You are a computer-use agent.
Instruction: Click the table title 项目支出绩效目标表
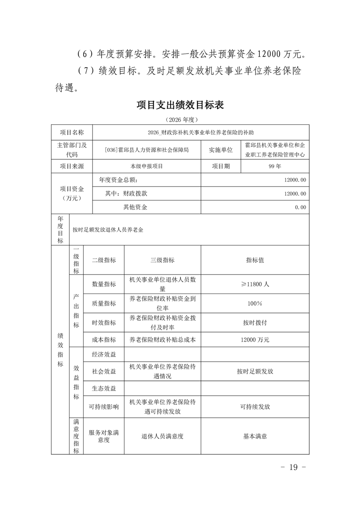180,105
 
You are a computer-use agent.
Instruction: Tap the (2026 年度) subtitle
180,120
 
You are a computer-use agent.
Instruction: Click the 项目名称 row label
72,132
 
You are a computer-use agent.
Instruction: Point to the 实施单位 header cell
221,150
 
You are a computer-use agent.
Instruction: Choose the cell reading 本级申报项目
146,166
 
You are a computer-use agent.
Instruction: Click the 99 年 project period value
275,166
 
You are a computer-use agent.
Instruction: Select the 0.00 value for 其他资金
300,207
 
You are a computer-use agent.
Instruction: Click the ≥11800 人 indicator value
255,284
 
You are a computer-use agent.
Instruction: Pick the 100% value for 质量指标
255,303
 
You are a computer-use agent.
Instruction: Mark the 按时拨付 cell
255,323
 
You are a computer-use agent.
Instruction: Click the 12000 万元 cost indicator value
255,339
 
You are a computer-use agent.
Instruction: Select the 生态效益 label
104,388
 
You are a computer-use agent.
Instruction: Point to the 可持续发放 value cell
255,407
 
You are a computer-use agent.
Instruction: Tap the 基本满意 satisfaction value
255,436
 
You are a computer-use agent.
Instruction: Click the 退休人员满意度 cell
163,436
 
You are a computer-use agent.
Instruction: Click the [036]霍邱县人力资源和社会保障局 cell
146,150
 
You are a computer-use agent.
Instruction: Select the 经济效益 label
104,354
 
